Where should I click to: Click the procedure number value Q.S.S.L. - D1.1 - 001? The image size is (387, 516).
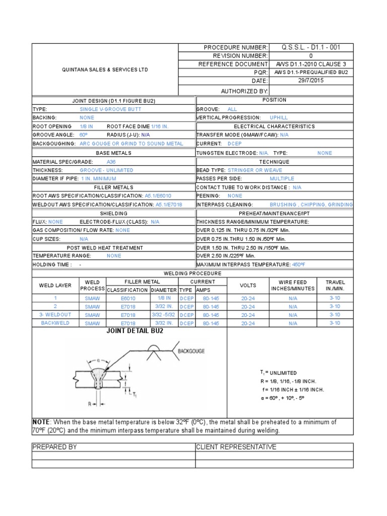(311, 47)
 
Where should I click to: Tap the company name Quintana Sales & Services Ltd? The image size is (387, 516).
(105, 70)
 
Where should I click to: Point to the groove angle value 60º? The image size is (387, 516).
(84, 135)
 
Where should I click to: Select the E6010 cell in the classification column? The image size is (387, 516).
(128, 298)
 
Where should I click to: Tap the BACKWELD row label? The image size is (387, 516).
(55, 323)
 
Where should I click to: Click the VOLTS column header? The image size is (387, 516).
(248, 285)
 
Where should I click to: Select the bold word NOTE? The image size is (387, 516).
(41, 422)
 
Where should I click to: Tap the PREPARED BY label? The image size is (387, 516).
(54, 447)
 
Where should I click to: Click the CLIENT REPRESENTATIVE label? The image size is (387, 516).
(236, 447)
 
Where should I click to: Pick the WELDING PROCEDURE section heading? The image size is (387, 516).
(193, 273)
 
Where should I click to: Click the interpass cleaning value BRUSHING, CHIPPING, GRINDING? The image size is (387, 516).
(311, 205)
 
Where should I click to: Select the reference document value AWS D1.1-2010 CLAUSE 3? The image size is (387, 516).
(311, 64)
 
